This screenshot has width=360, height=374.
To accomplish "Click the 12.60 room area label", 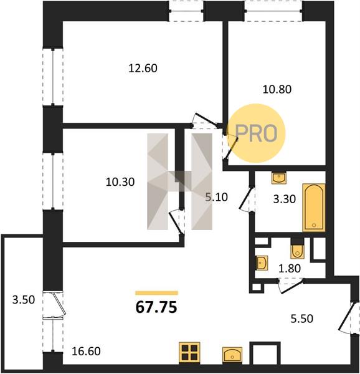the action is [x=143, y=69].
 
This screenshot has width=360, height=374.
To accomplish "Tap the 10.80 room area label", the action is [x=277, y=89].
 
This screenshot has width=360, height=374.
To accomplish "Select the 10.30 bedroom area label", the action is [x=120, y=182].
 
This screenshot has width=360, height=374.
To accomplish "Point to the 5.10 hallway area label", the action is [x=217, y=197].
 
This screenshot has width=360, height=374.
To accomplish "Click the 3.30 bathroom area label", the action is [x=285, y=199].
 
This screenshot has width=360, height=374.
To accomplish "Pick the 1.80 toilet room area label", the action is [x=290, y=269].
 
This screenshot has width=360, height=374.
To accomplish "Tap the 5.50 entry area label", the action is [x=302, y=319].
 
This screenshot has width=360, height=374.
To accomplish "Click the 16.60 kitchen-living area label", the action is [x=86, y=352].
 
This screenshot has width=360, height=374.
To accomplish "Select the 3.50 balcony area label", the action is [x=24, y=300].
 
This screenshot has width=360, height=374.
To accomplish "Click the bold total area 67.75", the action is [x=156, y=307].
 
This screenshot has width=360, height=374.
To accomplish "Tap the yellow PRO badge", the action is [x=256, y=133].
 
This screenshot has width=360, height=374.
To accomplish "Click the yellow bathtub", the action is [x=314, y=208].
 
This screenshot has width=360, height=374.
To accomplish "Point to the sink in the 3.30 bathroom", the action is [x=279, y=178].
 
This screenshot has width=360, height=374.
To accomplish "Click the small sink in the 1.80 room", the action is [x=262, y=263].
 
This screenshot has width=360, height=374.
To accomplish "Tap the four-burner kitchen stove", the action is [x=189, y=353].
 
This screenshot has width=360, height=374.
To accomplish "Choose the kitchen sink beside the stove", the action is [x=232, y=355].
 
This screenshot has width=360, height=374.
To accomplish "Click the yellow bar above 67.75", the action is [x=156, y=293].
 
